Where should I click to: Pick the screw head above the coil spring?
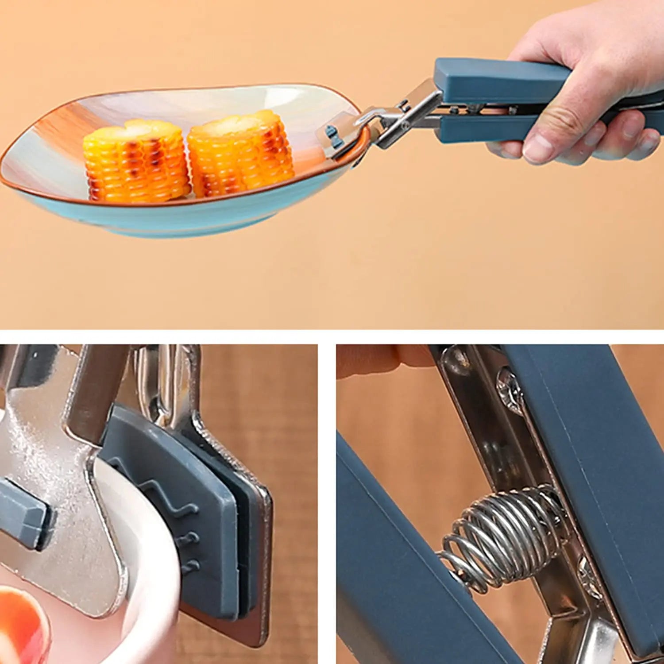click(x=509, y=390)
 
